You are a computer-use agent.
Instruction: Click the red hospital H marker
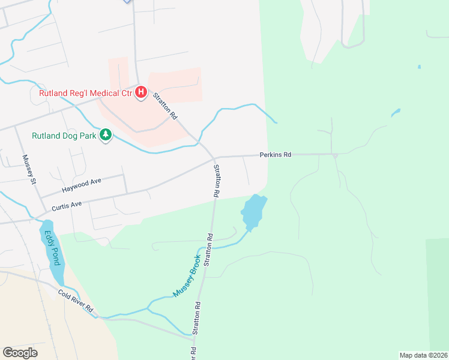(x=141, y=92)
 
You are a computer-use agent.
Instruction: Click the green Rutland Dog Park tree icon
(x=106, y=136)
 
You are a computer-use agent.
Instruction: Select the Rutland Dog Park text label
(x=64, y=136)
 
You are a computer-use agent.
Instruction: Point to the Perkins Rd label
(x=275, y=155)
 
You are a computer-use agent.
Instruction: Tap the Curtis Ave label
(x=66, y=205)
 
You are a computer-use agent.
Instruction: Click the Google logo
(x=20, y=353)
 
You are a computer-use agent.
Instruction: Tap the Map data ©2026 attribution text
(x=423, y=355)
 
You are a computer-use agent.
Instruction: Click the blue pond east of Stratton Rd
(x=253, y=212)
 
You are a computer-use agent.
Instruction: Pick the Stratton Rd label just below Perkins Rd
(x=217, y=181)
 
